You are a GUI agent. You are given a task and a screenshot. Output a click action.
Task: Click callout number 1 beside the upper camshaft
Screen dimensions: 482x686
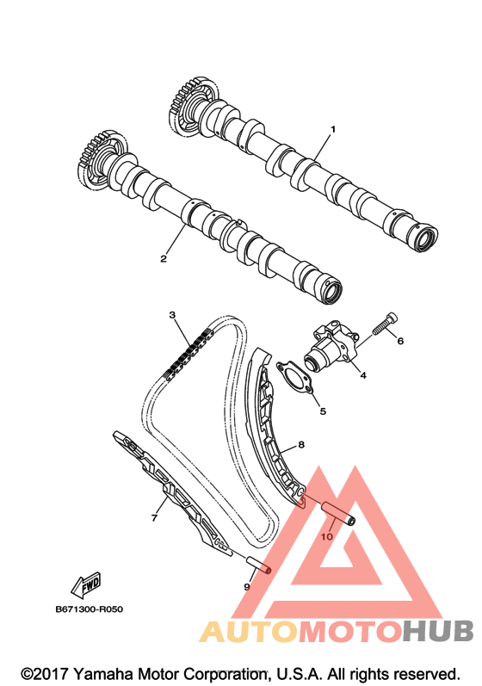[x=333, y=129]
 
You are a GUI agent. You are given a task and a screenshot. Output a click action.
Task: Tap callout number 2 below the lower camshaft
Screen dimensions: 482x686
[x=164, y=258]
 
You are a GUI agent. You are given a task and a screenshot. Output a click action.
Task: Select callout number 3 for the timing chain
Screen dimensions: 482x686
[x=172, y=315]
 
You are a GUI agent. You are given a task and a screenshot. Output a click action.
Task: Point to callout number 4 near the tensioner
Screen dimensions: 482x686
[x=363, y=375]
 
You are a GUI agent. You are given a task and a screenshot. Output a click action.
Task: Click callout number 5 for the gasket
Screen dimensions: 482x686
[x=323, y=411]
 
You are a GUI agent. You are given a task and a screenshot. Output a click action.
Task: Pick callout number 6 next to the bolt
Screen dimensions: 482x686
[x=400, y=341]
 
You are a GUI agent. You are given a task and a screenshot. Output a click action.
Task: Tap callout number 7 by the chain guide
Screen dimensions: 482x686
[x=154, y=518]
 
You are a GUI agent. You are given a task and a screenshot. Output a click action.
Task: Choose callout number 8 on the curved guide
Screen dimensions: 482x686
[x=301, y=445]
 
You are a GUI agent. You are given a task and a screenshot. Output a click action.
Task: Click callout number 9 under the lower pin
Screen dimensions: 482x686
[x=247, y=587]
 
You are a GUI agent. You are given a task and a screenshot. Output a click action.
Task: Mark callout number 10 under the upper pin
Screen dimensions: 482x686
[x=327, y=537]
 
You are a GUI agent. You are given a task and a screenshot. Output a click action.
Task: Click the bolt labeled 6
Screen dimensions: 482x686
[x=386, y=324]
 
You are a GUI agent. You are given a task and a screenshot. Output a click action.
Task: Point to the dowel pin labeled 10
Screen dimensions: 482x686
[x=338, y=512]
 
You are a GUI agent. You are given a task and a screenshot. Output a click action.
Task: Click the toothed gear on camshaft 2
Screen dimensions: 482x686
[x=102, y=160]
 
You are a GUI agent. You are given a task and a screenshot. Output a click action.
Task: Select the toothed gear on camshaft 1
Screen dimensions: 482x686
[x=193, y=107]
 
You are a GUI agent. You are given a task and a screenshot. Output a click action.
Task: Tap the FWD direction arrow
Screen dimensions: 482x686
[x=86, y=585]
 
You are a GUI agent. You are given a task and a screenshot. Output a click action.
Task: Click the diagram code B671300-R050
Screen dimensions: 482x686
[x=90, y=609]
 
